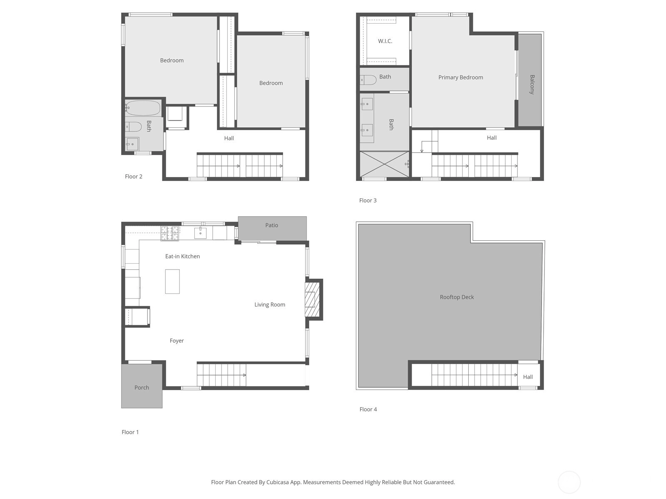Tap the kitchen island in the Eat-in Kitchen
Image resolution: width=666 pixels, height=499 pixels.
[172, 282]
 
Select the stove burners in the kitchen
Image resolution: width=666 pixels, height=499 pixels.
[169, 233]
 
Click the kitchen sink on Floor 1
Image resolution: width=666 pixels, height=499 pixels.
[200, 233]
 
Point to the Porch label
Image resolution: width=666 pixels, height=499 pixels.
[142, 388]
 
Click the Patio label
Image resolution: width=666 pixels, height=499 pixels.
[271, 225]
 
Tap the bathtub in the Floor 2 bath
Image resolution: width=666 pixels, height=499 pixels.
[143, 108]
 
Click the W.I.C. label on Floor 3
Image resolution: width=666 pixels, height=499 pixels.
[385, 41]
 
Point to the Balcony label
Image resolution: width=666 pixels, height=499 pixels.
[532, 84]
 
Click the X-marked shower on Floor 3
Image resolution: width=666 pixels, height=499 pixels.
[385, 164]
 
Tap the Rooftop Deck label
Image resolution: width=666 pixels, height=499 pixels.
[457, 297]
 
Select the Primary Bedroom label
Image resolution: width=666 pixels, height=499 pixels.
[461, 78]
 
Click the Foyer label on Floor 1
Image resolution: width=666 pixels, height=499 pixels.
[176, 341]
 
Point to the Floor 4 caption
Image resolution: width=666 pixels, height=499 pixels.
[368, 409]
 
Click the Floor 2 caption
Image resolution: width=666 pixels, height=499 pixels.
[134, 176]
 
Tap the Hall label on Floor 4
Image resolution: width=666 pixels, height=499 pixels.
[528, 377]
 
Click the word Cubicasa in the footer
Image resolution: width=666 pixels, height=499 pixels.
[278, 482]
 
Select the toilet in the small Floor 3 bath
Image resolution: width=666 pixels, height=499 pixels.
[368, 80]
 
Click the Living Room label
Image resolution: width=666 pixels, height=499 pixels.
[270, 305]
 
